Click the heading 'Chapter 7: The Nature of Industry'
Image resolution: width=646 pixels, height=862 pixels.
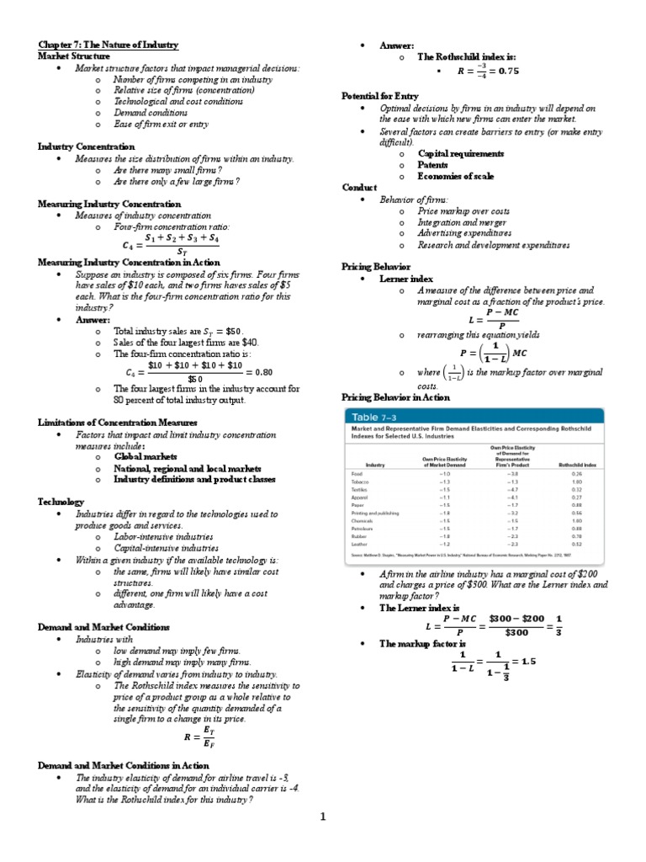(108, 44)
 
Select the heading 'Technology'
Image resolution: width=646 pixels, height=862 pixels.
(61, 501)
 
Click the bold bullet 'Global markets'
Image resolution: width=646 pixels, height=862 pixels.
(145, 456)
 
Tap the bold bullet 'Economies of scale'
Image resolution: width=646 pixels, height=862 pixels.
(456, 176)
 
